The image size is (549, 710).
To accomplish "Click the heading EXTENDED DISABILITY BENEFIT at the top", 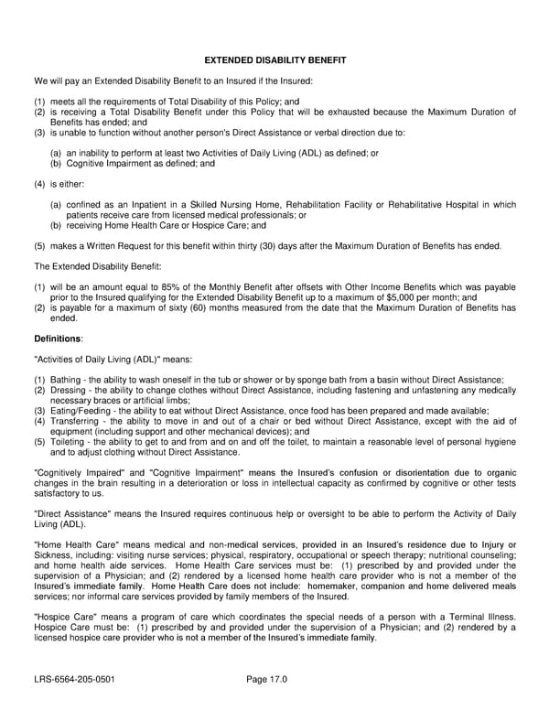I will point(274,60).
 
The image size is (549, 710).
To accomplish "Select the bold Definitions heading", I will point(58,339).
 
